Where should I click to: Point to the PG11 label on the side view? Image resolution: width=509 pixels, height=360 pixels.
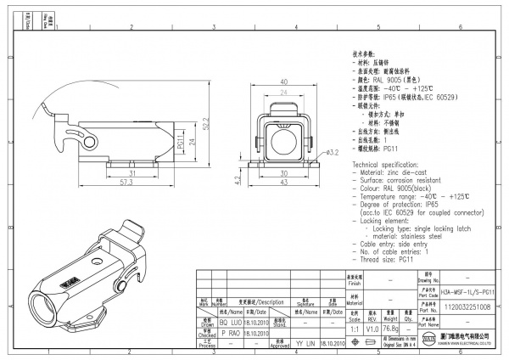click(181, 146)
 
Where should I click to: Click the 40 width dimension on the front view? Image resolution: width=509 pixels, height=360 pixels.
click(283, 82)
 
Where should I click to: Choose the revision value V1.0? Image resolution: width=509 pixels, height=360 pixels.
click(371, 327)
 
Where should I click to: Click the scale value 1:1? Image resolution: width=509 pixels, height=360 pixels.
click(353, 327)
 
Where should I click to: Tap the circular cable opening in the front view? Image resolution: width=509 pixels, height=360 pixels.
click(283, 136)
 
